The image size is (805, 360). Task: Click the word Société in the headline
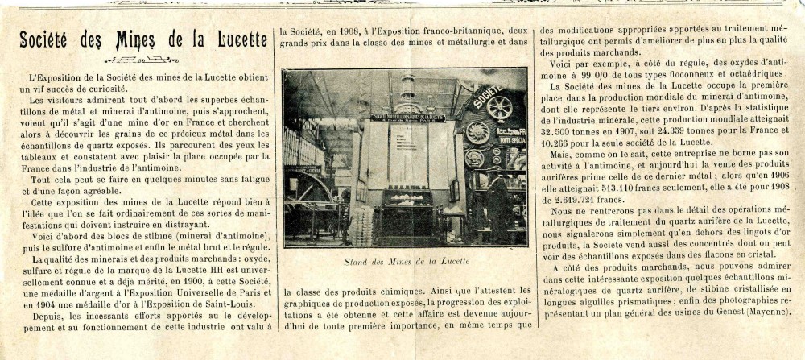pyautogui.click(x=48, y=39)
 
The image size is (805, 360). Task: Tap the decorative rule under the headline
pyautogui.click(x=142, y=59)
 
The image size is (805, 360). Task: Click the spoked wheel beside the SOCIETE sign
pyautogui.click(x=499, y=108)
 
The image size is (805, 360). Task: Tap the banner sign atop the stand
pyautogui.click(x=407, y=118)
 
